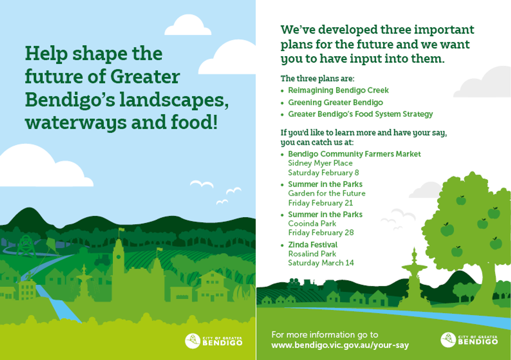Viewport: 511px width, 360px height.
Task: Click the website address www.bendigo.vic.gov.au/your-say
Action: pyautogui.click(x=340, y=345)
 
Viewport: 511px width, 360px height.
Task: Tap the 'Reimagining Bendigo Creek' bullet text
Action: pyautogui.click(x=338, y=90)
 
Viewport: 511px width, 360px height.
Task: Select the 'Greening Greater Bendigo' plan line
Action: pyautogui.click(x=336, y=103)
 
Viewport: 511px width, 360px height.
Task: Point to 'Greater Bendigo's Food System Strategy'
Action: pyautogui.click(x=360, y=114)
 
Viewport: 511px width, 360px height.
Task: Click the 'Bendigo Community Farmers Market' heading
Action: pyautogui.click(x=354, y=154)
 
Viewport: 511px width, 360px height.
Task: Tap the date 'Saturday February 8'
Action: pyautogui.click(x=324, y=173)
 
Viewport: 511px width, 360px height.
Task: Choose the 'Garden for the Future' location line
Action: pyautogui.click(x=327, y=193)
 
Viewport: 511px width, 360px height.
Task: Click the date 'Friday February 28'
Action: pyautogui.click(x=321, y=233)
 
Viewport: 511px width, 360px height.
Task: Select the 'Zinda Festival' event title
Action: pyautogui.click(x=313, y=245)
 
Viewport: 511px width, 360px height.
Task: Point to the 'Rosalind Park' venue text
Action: pyautogui.click(x=312, y=254)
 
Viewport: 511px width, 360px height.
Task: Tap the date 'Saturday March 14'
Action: pyautogui.click(x=321, y=263)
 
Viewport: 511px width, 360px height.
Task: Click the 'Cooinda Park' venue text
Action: pyautogui.click(x=312, y=224)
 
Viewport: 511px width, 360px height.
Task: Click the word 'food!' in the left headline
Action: pyautogui.click(x=194, y=122)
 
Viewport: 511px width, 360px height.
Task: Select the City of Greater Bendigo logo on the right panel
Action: pyautogui.click(x=469, y=340)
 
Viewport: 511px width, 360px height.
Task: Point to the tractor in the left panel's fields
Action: pyautogui.click(x=103, y=259)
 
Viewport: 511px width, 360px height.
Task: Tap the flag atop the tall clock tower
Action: pyautogui.click(x=121, y=230)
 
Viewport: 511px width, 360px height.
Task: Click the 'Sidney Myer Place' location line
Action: pyautogui.click(x=320, y=163)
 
